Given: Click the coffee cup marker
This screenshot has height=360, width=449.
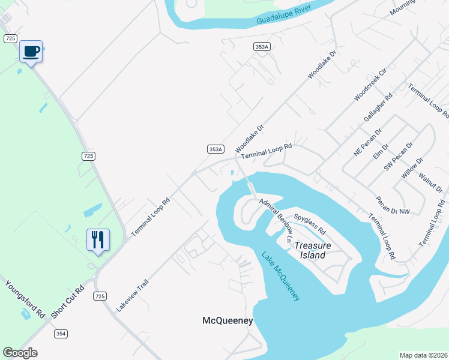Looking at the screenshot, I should point(31,51).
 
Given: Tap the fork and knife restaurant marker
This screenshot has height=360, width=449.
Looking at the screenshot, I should point(97,239).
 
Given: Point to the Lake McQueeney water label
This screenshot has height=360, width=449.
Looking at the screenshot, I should point(280,276).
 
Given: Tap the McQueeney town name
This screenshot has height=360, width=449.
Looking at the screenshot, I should point(228,321).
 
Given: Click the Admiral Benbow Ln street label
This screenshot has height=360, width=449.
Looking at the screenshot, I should point(277,220).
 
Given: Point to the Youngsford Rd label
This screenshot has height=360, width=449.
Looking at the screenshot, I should point(26,298).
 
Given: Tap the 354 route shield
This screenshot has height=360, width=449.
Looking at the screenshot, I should point(61,334).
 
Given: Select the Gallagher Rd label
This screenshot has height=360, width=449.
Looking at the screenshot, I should point(378,107).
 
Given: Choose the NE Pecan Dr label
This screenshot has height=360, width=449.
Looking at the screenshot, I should point(367,142).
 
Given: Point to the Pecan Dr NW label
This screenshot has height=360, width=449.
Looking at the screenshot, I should point(393,205).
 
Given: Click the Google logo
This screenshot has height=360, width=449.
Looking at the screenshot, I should point(20,353).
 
